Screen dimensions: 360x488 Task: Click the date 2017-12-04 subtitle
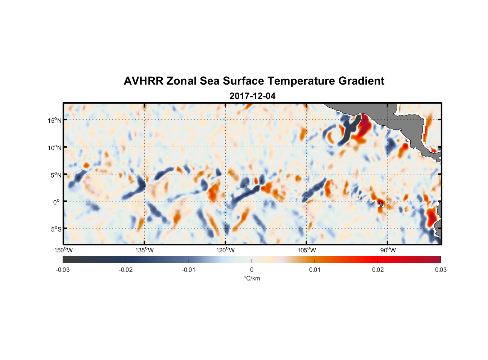coord(252,96)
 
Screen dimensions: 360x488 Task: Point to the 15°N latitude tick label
coord(55,120)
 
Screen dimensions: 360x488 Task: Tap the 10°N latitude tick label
coord(55,148)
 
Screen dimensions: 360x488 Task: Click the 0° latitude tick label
coord(57,202)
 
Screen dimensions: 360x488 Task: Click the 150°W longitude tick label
coord(63,250)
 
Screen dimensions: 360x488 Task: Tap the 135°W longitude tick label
coord(145,250)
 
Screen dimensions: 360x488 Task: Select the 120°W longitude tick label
coord(226,250)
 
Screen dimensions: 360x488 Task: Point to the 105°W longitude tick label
coord(307,250)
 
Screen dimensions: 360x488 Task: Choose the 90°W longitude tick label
coord(388,250)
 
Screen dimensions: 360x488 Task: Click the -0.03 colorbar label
coord(63,270)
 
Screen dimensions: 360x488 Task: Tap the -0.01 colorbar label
coord(189,270)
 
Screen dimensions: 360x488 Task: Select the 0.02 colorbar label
coord(378,270)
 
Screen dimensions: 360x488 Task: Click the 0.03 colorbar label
coord(440,270)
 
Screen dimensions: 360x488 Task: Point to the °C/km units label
coord(252,278)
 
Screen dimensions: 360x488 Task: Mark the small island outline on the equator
coord(381,204)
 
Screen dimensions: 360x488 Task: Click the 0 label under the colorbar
coord(252,270)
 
